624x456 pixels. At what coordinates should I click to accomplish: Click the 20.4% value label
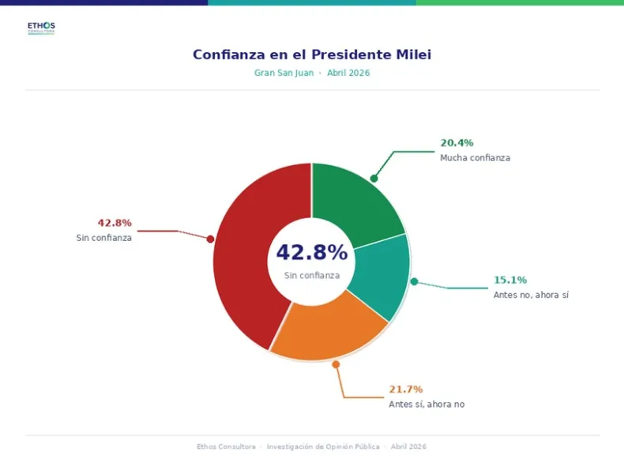tap(457, 143)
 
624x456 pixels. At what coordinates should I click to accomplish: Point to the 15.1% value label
tap(510, 280)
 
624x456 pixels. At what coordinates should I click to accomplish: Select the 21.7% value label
tap(405, 390)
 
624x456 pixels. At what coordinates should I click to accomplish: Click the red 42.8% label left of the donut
tap(115, 223)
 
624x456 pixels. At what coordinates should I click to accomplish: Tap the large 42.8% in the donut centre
tap(311, 253)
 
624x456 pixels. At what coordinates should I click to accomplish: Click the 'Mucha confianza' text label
tap(475, 158)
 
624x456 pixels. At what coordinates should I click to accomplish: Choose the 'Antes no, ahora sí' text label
tap(531, 295)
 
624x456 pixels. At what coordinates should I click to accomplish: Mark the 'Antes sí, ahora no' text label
tap(427, 405)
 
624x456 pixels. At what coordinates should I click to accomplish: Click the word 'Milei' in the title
tap(410, 55)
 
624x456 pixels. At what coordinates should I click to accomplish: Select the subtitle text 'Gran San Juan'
tap(283, 73)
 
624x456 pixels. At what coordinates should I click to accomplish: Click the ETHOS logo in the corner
tap(41, 28)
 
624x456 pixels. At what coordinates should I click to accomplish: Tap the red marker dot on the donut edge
tap(210, 239)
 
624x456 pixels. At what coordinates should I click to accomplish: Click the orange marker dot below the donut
tap(336, 364)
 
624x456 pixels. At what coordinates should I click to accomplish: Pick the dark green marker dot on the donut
tap(374, 178)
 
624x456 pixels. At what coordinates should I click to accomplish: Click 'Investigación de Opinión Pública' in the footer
tap(323, 447)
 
